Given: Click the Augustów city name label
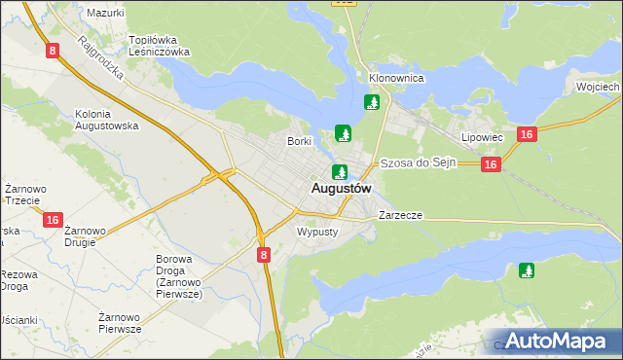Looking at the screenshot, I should tap(341, 188).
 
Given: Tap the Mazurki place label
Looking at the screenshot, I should tap(105, 13).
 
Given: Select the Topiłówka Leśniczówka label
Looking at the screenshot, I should tap(159, 47).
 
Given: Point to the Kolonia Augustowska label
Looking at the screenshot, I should tap(107, 120).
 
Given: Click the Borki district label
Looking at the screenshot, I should tap(298, 141).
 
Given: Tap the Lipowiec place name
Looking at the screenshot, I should tap(482, 138).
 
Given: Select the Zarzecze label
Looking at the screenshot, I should tap(401, 214).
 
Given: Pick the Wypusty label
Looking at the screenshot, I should tap(316, 233).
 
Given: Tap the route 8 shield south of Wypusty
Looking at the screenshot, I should tap(265, 254).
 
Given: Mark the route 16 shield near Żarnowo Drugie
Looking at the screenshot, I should tap(53, 221).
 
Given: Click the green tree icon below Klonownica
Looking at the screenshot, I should tap(371, 102).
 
